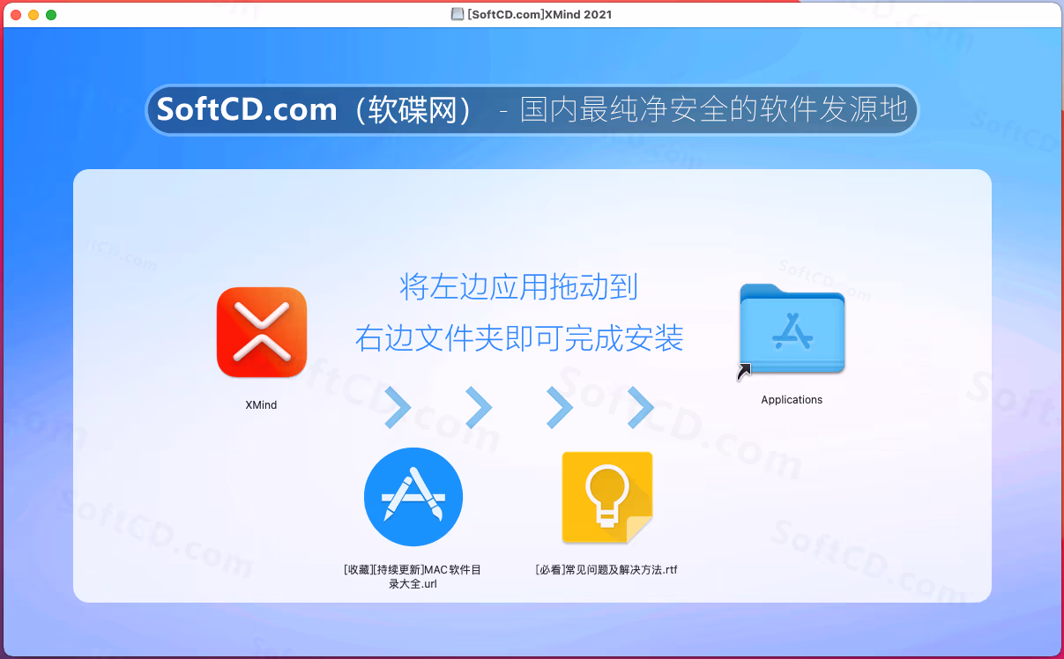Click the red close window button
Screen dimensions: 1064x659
pos(16,15)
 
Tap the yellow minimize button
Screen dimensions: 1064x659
pos(33,15)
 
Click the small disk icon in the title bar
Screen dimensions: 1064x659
pos(457,14)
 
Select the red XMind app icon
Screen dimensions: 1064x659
pos(262,332)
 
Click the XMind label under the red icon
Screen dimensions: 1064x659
pos(261,405)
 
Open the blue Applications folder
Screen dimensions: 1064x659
pos(792,328)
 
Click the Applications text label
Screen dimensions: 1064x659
pos(792,400)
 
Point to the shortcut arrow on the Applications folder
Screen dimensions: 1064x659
pos(744,372)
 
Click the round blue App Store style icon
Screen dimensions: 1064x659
pos(413,497)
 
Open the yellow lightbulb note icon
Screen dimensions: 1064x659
pos(607,497)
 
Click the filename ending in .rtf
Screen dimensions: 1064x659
pos(606,570)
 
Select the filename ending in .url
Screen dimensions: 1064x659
pos(413,576)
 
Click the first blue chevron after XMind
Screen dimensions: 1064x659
pos(398,407)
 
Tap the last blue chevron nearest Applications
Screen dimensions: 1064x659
pos(641,407)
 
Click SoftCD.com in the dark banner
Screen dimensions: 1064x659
pos(247,109)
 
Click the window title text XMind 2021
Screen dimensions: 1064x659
pos(578,14)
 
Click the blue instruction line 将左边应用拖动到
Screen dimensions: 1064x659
pos(518,286)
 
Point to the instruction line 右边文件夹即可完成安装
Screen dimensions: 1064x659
pos(519,338)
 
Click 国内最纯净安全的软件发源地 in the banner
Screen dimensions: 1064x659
pos(714,109)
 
